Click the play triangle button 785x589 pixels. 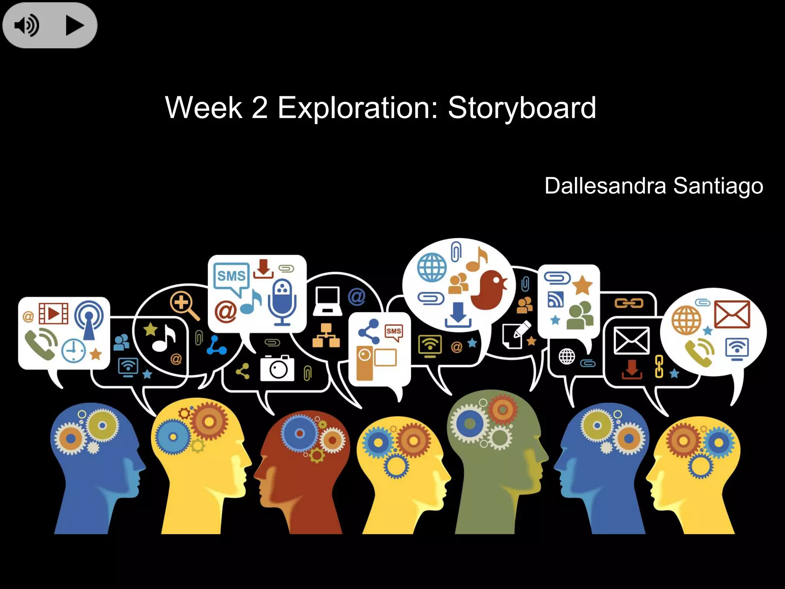click(74, 26)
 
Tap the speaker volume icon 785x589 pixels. click(26, 26)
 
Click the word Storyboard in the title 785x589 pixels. click(522, 108)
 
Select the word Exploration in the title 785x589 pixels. click(357, 108)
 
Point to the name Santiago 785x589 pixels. click(718, 186)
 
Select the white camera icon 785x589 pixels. click(277, 368)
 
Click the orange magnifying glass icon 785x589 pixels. click(184, 305)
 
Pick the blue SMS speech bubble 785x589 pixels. click(231, 277)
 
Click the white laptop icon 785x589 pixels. click(327, 301)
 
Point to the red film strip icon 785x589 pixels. click(53, 313)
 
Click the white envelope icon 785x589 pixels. click(631, 341)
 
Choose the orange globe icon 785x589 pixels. click(686, 320)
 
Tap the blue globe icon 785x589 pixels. click(432, 267)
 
